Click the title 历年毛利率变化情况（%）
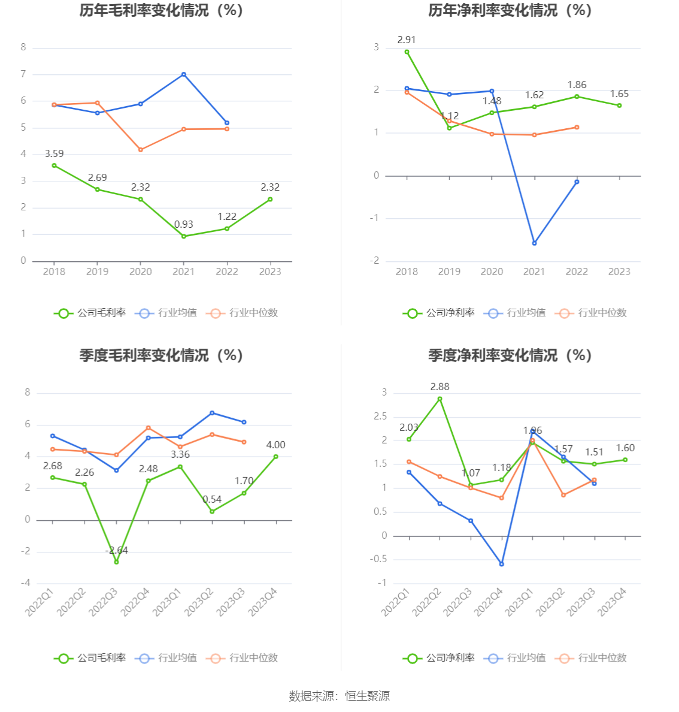(161, 10)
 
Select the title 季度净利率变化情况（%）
(510, 355)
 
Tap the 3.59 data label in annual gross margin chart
(54, 154)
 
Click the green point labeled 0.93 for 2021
(184, 236)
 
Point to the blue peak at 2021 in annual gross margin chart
(184, 74)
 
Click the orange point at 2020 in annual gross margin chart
(141, 150)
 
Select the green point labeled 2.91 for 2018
(407, 52)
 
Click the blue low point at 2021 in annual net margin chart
(534, 243)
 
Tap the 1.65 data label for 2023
(619, 94)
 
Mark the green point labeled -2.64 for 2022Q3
(116, 562)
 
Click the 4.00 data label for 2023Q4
(275, 445)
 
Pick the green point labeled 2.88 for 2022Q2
(440, 399)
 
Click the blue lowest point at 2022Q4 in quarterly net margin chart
(502, 564)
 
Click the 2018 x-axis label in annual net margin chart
(407, 271)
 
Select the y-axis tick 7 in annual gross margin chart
(23, 74)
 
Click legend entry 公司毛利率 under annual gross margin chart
(90, 313)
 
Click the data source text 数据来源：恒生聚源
(339, 696)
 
